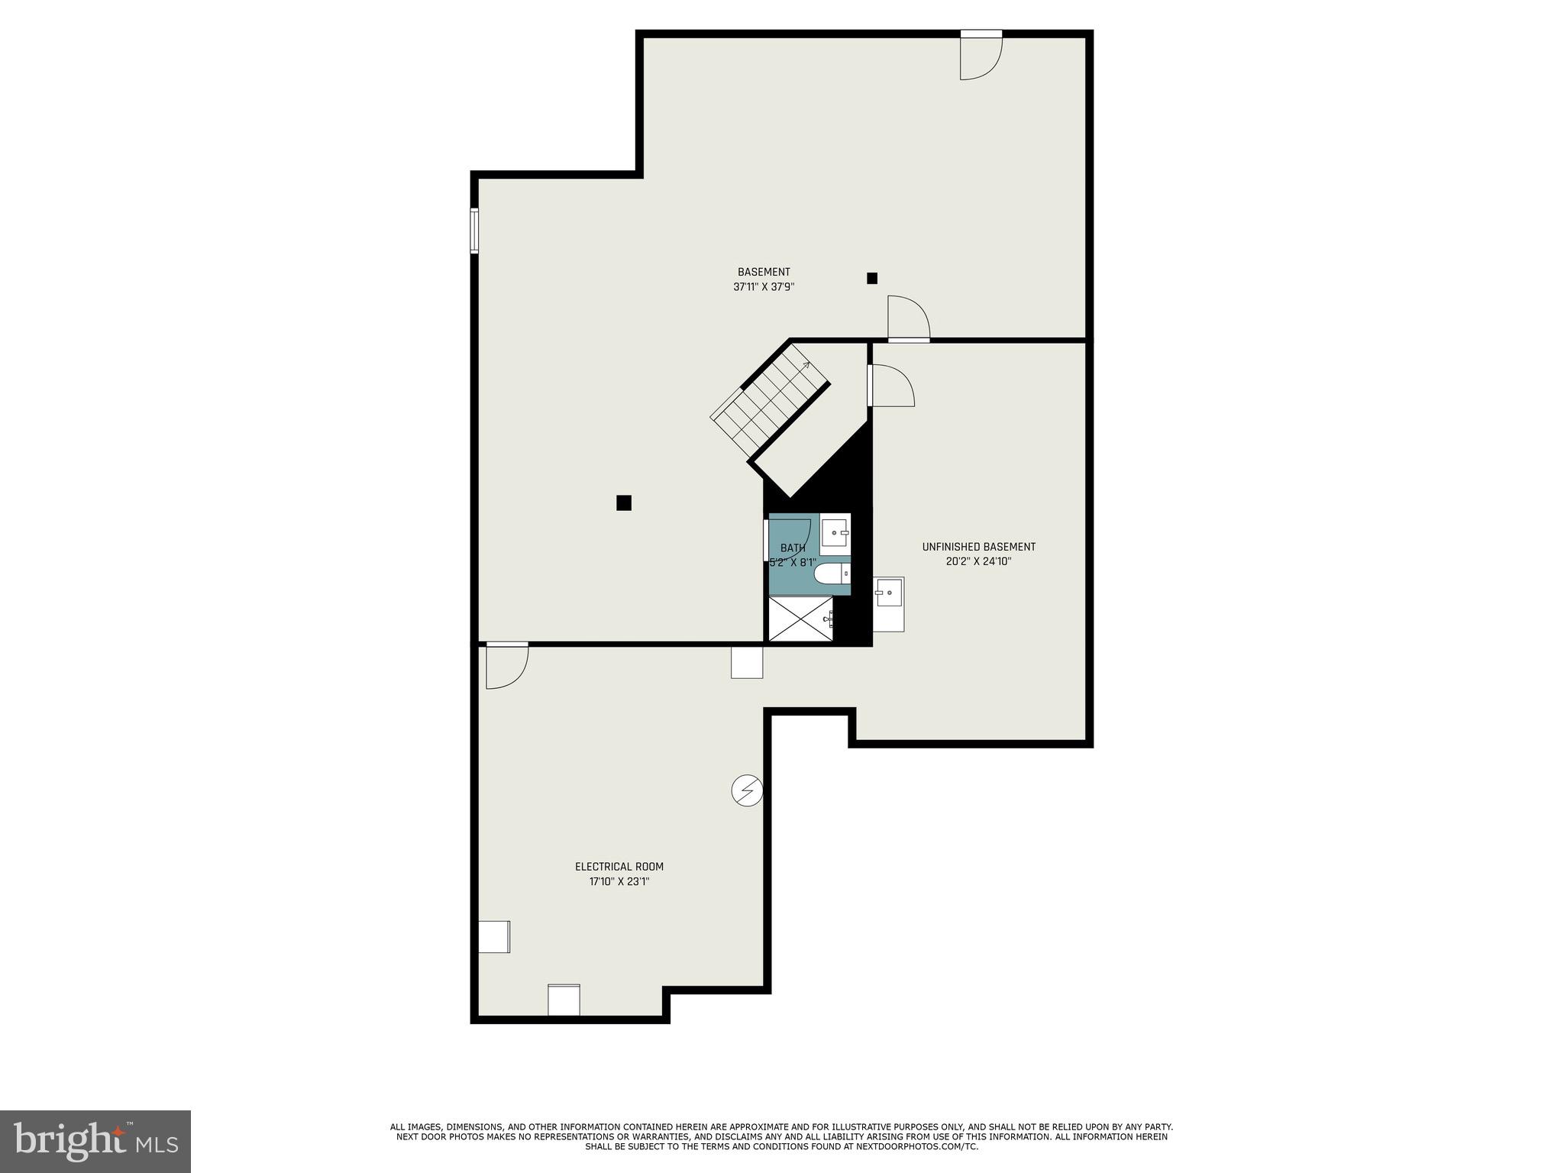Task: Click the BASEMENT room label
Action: (763, 272)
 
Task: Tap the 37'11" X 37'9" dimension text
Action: (763, 287)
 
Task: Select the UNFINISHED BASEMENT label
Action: (978, 547)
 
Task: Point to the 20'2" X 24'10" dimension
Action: (978, 561)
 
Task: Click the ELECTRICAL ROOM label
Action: (619, 867)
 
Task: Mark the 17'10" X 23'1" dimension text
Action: (619, 881)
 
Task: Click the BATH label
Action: (792, 548)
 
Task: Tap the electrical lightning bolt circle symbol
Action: (747, 790)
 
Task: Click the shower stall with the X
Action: (800, 619)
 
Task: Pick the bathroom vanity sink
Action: (836, 532)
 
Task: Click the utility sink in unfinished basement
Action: (888, 593)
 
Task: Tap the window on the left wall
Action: (474, 231)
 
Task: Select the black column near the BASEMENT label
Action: (871, 279)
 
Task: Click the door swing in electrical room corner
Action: (506, 667)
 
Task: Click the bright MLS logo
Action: (95, 1141)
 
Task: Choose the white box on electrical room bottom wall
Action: (564, 1000)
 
